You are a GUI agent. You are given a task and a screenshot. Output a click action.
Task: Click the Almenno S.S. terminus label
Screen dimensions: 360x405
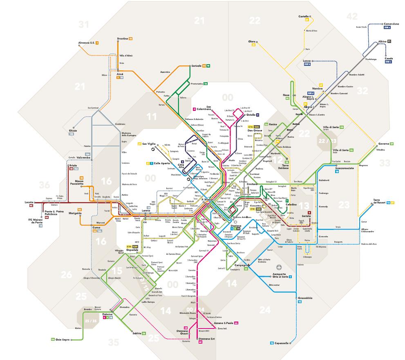click(x=86, y=43)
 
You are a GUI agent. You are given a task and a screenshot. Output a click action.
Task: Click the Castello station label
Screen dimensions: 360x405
click(x=303, y=16)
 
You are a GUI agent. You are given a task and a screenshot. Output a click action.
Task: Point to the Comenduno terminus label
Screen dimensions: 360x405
click(x=391, y=24)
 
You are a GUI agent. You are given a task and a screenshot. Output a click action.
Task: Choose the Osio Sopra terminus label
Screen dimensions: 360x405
click(x=63, y=340)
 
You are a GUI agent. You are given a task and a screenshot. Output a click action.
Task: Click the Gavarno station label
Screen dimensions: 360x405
click(x=383, y=144)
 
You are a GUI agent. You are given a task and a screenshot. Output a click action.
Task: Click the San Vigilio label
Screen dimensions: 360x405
click(x=149, y=144)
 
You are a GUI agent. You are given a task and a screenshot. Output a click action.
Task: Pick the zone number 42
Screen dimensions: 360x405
click(x=351, y=16)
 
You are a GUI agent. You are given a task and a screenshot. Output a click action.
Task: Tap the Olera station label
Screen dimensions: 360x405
click(x=252, y=41)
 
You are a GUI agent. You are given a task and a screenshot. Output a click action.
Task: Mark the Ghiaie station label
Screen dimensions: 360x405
click(x=73, y=130)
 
